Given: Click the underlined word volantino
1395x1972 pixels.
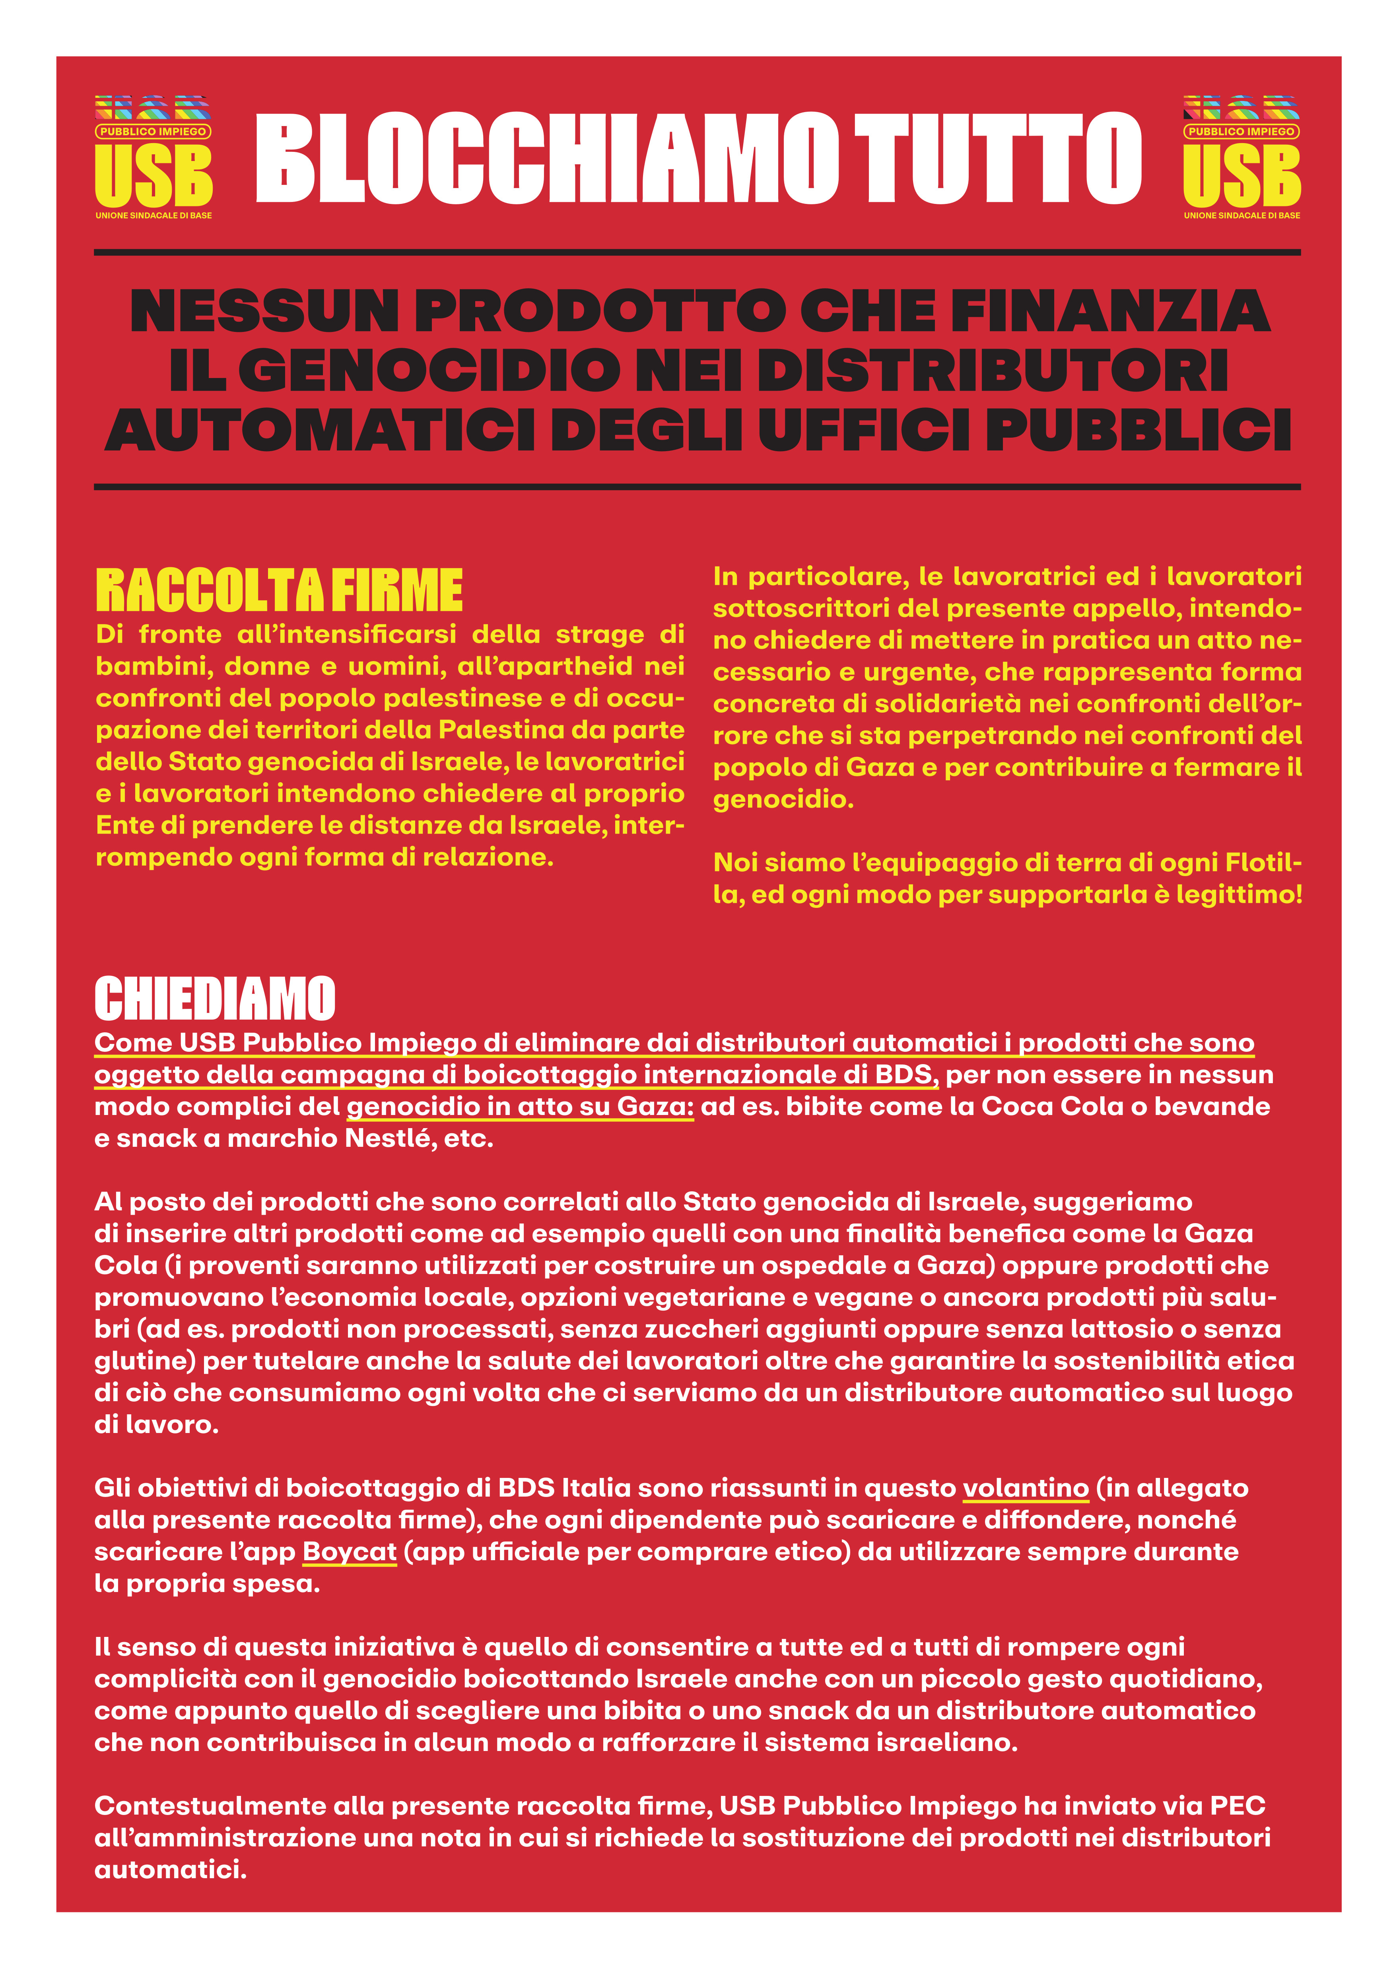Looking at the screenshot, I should (x=1026, y=1487).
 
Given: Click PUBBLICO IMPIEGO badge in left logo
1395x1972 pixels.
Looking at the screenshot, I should (x=153, y=132).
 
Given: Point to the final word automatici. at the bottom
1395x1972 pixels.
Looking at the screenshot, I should (x=170, y=1870).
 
